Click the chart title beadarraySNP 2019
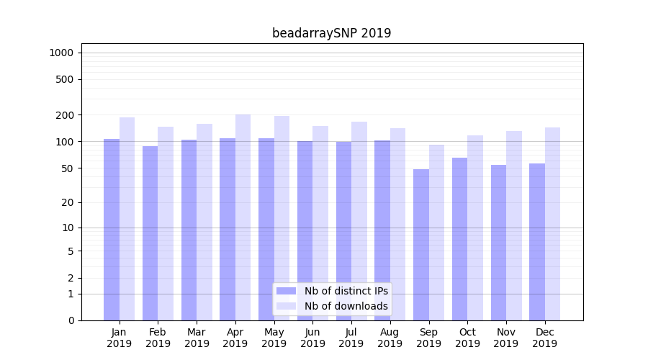pos(331,33)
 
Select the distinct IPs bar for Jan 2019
pos(112,230)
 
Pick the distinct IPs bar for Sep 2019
pos(421,245)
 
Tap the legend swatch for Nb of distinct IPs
pos(287,291)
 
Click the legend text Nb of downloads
pos(346,306)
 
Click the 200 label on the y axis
pos(65,115)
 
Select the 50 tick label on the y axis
pos(67,168)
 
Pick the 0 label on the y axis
pos(71,320)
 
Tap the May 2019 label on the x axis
pos(274,338)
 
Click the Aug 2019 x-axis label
pos(390,338)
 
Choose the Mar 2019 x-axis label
pos(197,338)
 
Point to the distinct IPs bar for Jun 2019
pos(305,230)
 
